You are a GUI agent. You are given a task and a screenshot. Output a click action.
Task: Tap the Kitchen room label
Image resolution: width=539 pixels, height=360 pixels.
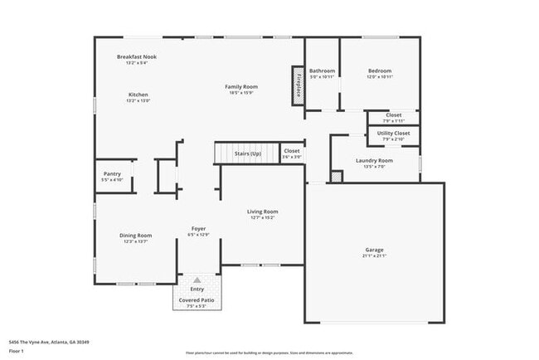(x=138, y=95)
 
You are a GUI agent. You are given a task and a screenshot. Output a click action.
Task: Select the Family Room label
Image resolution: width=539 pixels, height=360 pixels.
(x=241, y=86)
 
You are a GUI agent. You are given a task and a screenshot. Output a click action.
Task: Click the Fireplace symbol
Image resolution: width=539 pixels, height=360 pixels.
(x=297, y=85)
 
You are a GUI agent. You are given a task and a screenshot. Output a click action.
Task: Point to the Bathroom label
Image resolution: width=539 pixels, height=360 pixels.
(x=322, y=71)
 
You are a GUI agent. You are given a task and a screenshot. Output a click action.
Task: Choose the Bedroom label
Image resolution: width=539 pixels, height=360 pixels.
(x=380, y=71)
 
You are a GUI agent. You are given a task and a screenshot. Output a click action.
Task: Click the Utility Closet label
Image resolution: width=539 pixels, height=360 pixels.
(x=393, y=133)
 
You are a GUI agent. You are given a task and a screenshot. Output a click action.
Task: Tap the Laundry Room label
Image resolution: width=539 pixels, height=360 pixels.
(x=374, y=160)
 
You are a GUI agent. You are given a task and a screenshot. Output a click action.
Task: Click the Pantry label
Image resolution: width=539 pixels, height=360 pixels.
(x=112, y=173)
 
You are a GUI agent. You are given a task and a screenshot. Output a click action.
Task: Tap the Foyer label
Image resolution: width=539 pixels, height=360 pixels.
(x=198, y=228)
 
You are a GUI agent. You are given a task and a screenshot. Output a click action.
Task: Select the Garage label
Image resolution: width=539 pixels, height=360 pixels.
(x=375, y=250)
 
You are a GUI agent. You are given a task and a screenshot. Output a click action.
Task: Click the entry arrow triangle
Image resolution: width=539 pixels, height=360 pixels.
(x=197, y=280)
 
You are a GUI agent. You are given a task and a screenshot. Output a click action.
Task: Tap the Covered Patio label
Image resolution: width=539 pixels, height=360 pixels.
(x=197, y=299)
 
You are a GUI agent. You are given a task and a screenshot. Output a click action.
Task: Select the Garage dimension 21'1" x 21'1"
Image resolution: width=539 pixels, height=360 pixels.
(x=375, y=256)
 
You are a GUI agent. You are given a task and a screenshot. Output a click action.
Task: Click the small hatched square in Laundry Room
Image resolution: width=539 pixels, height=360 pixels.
(x=336, y=176)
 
